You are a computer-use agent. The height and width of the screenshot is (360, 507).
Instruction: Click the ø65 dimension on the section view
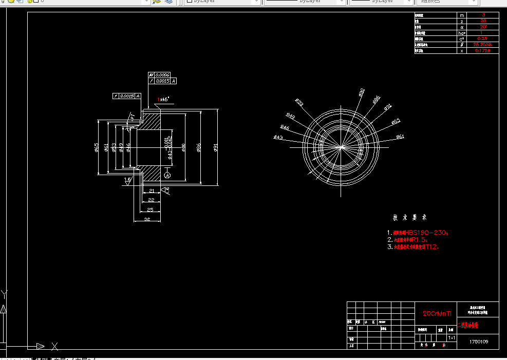[x=96, y=148]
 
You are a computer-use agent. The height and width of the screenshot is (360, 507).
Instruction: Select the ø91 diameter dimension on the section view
[x=216, y=148]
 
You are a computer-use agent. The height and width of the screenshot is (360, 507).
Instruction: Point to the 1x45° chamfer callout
[x=163, y=99]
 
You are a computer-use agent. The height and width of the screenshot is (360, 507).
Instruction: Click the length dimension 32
[x=147, y=219]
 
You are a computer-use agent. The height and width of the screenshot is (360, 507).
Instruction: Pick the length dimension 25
[x=150, y=210]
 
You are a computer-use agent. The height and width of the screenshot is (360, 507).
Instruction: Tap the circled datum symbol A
[x=167, y=176]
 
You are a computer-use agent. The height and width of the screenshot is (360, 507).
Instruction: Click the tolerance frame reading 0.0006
[x=162, y=75]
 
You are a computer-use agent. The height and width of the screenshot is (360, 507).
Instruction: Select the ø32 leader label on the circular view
[x=299, y=103]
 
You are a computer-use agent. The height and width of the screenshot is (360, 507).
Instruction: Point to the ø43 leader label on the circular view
[x=278, y=137]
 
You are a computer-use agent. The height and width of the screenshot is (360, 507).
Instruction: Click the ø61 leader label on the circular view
[x=400, y=137]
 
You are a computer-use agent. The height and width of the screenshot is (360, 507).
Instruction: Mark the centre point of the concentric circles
[x=342, y=147]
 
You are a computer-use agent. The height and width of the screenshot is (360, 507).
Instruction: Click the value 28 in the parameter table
[x=483, y=21]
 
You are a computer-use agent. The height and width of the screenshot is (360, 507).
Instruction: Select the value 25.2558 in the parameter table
[x=483, y=45]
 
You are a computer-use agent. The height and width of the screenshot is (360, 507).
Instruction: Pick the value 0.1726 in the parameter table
[x=483, y=51]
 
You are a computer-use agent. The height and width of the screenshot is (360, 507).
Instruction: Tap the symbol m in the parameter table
[x=462, y=15]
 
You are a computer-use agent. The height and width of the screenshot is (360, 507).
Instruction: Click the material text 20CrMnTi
[x=437, y=313]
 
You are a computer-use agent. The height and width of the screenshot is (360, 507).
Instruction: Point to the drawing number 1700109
[x=479, y=341]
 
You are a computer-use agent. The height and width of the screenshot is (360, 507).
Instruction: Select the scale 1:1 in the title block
[x=452, y=338]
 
